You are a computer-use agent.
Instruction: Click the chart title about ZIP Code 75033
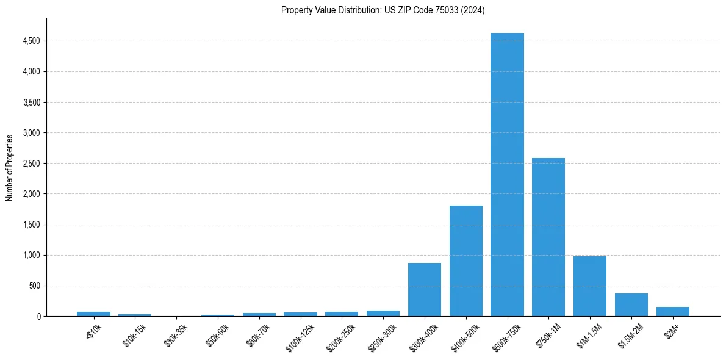coord(383,10)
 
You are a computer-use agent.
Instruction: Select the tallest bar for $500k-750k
coord(507,175)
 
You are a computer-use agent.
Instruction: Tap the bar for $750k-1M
coord(548,237)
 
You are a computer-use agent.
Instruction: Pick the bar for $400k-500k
coord(465,261)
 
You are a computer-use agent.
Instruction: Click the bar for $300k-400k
coord(425,289)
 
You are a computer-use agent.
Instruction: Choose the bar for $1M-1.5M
coord(589,286)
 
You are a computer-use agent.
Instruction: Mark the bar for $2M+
coord(672,311)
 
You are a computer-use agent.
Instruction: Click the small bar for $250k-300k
coord(383,313)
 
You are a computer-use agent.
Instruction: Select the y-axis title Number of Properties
coord(10,167)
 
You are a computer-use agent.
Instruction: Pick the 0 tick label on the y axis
coord(38,316)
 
